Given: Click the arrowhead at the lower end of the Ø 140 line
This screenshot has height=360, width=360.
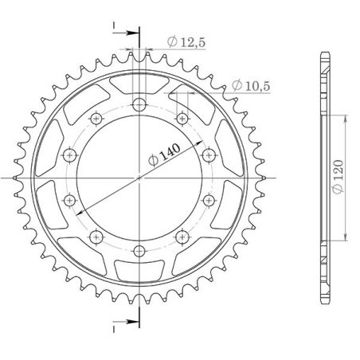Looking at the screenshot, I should pyautogui.click(x=81, y=220).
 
